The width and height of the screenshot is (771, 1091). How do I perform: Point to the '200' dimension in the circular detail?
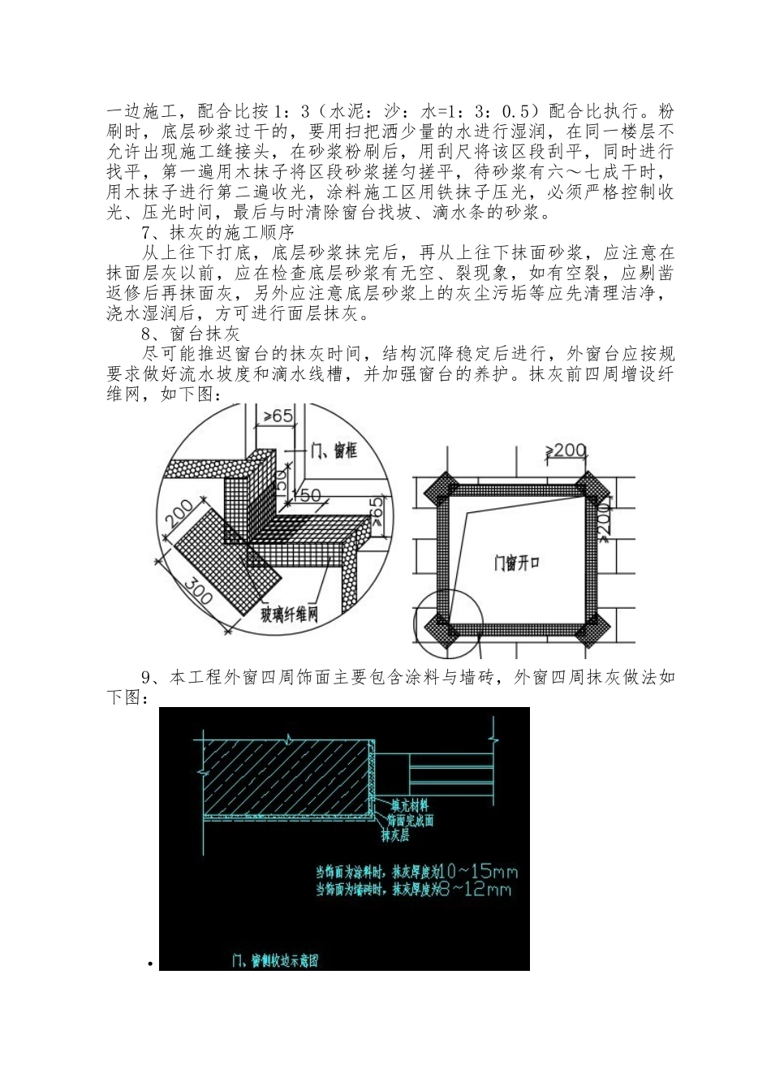pyautogui.click(x=179, y=515)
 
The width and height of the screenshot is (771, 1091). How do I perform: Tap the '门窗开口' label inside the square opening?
pyautogui.click(x=517, y=563)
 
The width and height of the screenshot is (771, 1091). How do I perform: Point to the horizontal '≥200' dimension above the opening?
pyautogui.click(x=566, y=451)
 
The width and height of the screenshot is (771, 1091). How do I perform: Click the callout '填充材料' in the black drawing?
pyautogui.click(x=409, y=806)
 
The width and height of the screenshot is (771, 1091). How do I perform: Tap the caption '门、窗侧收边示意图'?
pyautogui.click(x=274, y=961)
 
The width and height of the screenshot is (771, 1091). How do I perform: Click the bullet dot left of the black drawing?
pyautogui.click(x=151, y=964)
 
